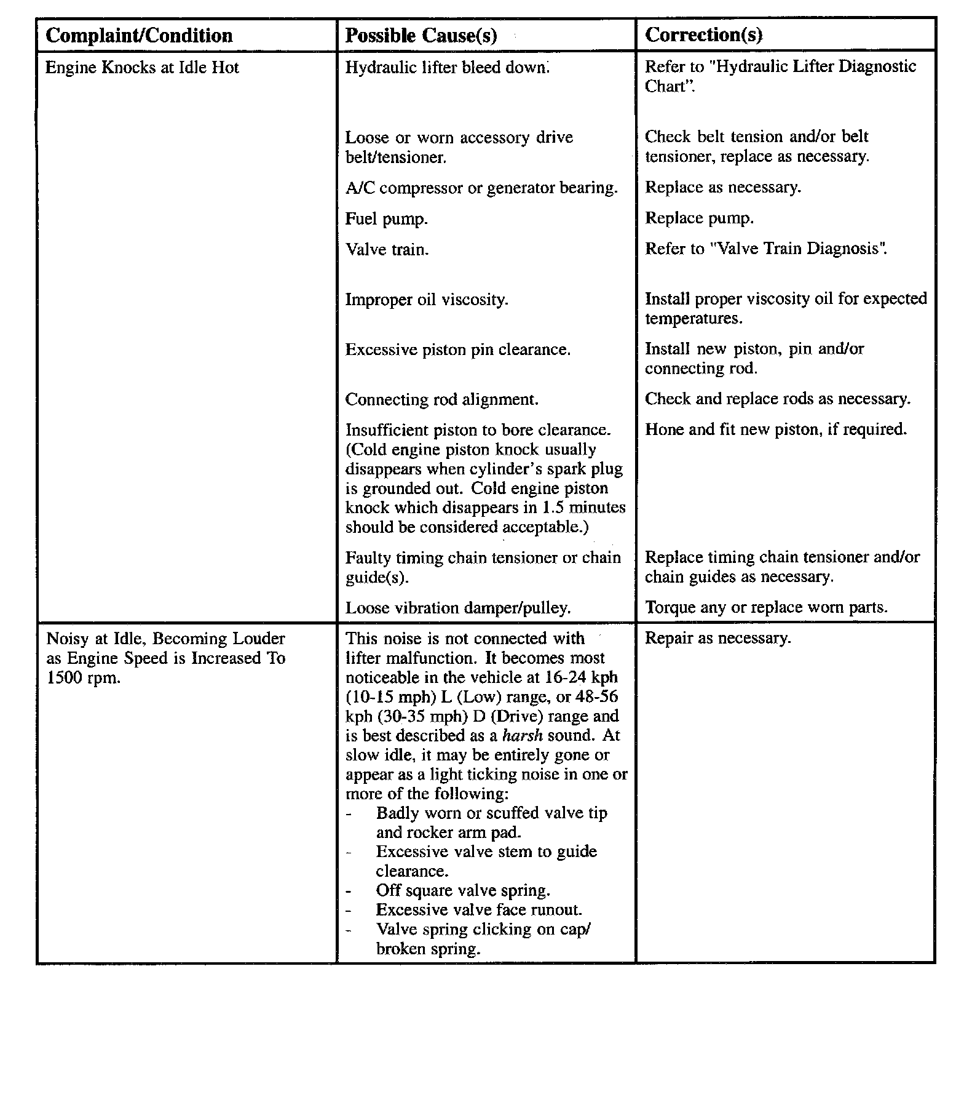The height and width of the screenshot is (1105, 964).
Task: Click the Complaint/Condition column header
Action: click(140, 36)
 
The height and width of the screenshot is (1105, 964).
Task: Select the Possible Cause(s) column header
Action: click(421, 36)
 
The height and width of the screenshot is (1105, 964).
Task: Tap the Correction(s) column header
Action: click(704, 35)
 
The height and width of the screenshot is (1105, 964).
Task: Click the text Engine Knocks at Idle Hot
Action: click(142, 67)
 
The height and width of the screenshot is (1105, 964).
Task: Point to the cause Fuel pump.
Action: click(386, 218)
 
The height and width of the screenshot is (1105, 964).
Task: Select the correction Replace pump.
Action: click(699, 218)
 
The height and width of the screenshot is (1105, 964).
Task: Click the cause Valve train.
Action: click(387, 249)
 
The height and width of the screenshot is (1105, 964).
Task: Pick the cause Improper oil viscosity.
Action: click(427, 300)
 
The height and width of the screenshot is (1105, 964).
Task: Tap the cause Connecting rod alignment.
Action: click(441, 399)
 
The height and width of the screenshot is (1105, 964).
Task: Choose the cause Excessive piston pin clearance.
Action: click(457, 349)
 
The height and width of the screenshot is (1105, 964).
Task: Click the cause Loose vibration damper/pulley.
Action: click(458, 608)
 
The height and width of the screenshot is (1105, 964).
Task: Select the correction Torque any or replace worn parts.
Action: click(766, 607)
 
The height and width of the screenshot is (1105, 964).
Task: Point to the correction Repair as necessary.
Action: click(717, 638)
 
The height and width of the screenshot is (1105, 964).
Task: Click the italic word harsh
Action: click(523, 735)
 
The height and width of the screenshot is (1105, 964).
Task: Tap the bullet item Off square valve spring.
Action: click(463, 890)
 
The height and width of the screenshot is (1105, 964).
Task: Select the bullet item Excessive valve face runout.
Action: click(479, 909)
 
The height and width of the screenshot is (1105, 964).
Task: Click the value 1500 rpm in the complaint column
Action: click(83, 677)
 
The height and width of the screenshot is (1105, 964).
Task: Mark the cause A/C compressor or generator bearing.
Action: click(481, 188)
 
